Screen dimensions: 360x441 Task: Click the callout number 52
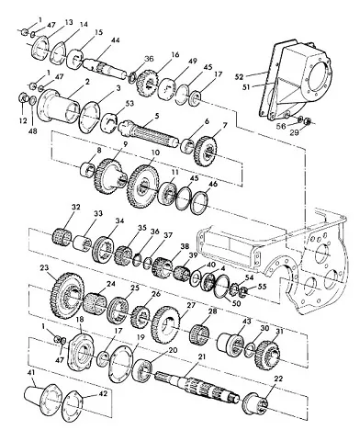click(x=240, y=76)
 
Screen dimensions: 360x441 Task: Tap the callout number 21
click(x=202, y=357)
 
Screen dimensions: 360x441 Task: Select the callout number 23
click(x=44, y=268)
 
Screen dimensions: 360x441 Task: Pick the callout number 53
click(x=129, y=104)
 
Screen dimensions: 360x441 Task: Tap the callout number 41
click(x=31, y=373)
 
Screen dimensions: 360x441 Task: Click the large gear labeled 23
click(x=67, y=296)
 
